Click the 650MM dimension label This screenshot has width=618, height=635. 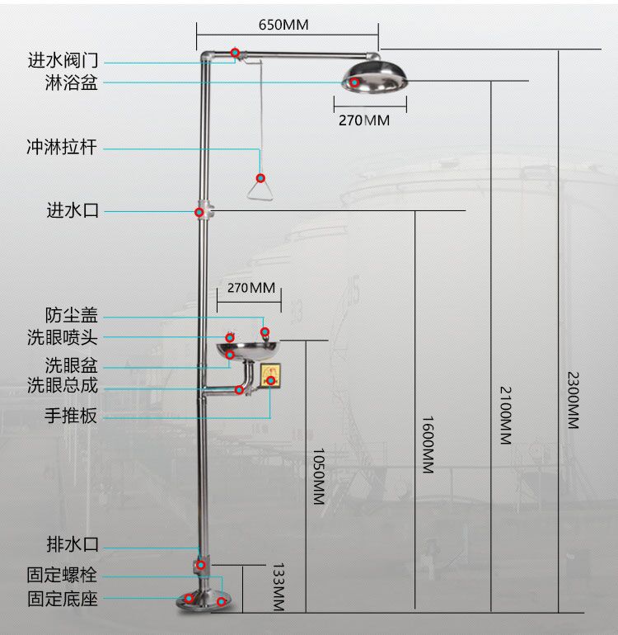[283, 25]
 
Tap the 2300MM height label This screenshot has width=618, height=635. [573, 400]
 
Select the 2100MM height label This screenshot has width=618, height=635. [505, 415]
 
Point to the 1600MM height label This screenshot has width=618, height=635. [428, 444]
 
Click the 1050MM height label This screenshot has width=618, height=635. [319, 477]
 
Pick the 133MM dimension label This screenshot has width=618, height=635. [279, 586]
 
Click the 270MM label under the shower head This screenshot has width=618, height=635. [364, 120]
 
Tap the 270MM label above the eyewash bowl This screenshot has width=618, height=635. [251, 288]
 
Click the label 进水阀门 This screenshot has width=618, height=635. [63, 60]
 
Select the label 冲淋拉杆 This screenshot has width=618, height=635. [62, 147]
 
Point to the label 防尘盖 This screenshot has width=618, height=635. [71, 315]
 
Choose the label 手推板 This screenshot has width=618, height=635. [71, 416]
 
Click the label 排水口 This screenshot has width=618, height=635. [73, 544]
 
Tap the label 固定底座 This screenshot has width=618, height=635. [63, 599]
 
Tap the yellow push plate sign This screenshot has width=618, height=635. [270, 375]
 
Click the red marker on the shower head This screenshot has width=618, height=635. [354, 82]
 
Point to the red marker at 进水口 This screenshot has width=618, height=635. [199, 212]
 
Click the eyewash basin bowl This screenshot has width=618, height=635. [248, 350]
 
